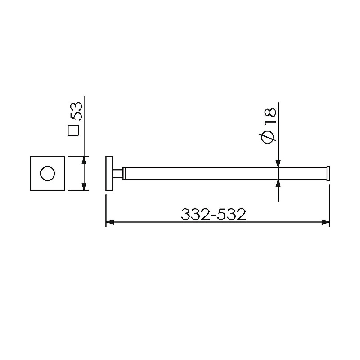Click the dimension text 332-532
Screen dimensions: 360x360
click(x=213, y=215)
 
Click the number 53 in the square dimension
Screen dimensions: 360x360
click(x=76, y=111)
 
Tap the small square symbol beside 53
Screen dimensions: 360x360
click(x=73, y=130)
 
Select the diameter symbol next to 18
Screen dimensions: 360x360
click(x=269, y=137)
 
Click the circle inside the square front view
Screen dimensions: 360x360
click(x=48, y=173)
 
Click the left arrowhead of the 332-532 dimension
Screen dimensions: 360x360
click(x=110, y=222)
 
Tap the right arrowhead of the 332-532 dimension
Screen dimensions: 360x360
click(x=325, y=222)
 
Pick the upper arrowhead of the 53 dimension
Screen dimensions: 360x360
click(x=84, y=161)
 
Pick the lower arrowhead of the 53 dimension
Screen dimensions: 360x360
click(x=84, y=187)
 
